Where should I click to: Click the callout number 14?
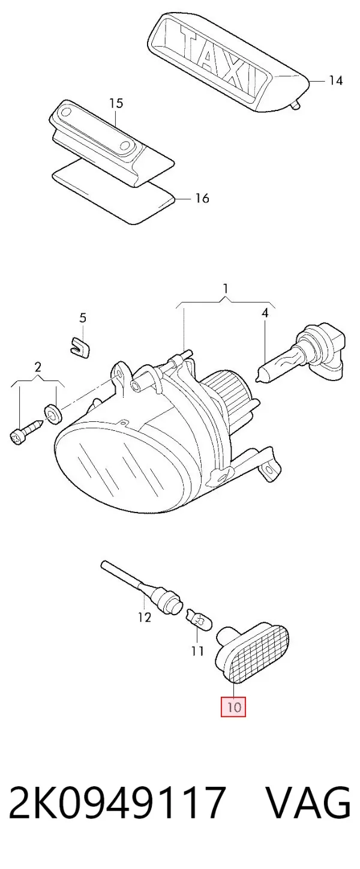pos(336,80)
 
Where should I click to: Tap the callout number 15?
pos(116,103)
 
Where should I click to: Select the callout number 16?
pos(202,198)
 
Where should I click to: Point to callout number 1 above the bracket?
pos(226,289)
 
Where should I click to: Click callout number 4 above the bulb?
pos(265,313)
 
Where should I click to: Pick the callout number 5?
pos(83,318)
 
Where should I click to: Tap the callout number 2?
pos(38,367)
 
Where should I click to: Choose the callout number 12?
pos(145,617)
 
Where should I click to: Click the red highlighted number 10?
pos(233,706)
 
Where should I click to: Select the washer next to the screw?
pos(52,413)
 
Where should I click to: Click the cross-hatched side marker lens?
pos(259,655)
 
